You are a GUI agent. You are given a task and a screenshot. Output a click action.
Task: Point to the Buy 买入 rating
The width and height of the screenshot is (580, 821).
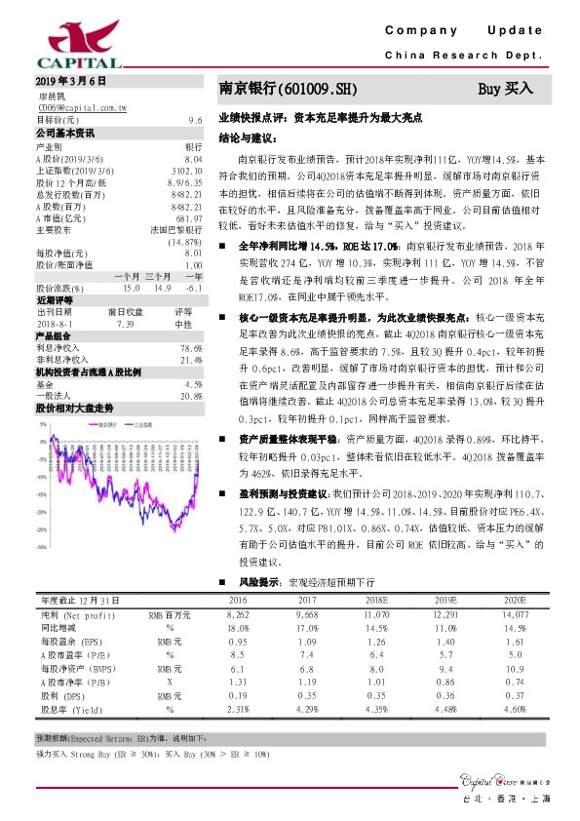coord(506,89)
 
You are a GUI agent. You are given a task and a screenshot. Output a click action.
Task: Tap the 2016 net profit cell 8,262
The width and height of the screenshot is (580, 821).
coord(237,616)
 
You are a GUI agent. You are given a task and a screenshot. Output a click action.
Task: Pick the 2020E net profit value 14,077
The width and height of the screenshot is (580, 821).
coord(515,616)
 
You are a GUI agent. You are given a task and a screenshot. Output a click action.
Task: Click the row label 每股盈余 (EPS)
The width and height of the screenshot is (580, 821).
coord(70,643)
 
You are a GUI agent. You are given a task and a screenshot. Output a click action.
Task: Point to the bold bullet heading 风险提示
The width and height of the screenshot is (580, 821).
coord(258,582)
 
